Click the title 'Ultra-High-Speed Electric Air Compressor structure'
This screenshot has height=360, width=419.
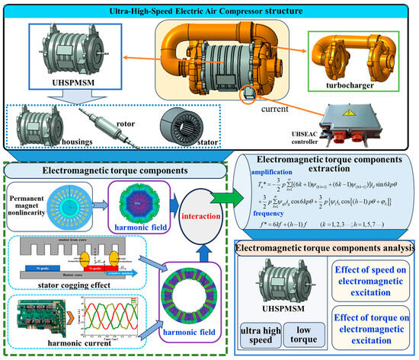[207, 11]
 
